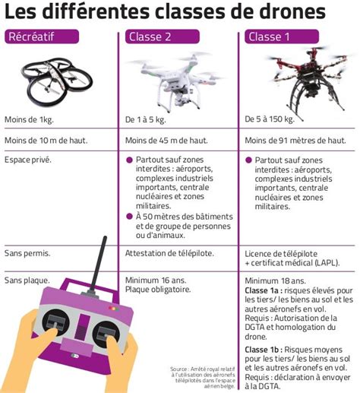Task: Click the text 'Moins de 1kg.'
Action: coord(29,119)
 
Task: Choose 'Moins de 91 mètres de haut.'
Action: coord(298,140)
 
